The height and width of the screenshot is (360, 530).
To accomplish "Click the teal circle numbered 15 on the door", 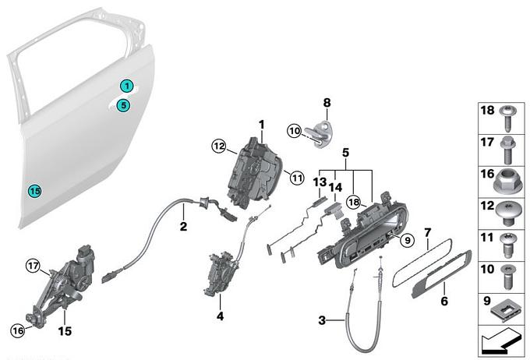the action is [x=34, y=191].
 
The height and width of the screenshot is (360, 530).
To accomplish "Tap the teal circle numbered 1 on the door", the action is [x=127, y=86].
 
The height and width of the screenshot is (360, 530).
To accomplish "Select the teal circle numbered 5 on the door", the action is [x=123, y=105].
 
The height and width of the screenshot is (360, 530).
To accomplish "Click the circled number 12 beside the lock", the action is [x=219, y=146].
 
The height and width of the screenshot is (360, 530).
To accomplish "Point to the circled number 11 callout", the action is [x=297, y=177].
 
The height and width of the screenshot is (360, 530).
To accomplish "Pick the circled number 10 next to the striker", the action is [x=295, y=131].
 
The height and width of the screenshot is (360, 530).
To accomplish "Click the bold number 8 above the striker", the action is [x=327, y=102].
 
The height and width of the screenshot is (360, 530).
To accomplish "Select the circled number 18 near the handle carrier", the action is [x=354, y=202].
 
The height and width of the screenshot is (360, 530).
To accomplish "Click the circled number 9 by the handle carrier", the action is [x=408, y=240].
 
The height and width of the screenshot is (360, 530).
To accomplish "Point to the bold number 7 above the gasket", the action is [x=428, y=232].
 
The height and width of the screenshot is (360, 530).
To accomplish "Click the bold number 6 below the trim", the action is [x=444, y=301].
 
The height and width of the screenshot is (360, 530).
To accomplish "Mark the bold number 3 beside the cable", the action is [x=322, y=320].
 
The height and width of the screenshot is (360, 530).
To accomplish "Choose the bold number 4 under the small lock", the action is [x=220, y=316].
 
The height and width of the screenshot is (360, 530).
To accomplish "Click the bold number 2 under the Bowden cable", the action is [x=183, y=226].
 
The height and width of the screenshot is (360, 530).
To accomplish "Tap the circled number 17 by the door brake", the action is [x=33, y=266].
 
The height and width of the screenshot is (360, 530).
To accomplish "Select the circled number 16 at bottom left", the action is [x=18, y=330].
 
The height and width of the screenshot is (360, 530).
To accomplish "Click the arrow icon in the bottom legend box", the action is [x=499, y=343].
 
